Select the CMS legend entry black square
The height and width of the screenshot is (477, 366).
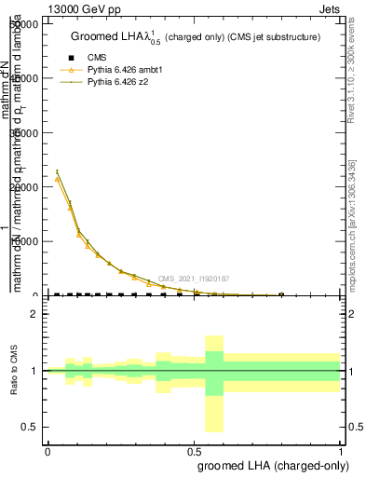[x=67, y=57]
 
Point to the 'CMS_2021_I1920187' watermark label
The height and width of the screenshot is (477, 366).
[x=193, y=279]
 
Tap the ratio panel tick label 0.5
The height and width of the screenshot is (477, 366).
[x=29, y=427]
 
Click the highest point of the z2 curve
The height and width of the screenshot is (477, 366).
[x=58, y=171]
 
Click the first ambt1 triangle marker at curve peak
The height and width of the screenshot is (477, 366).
[x=58, y=178]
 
